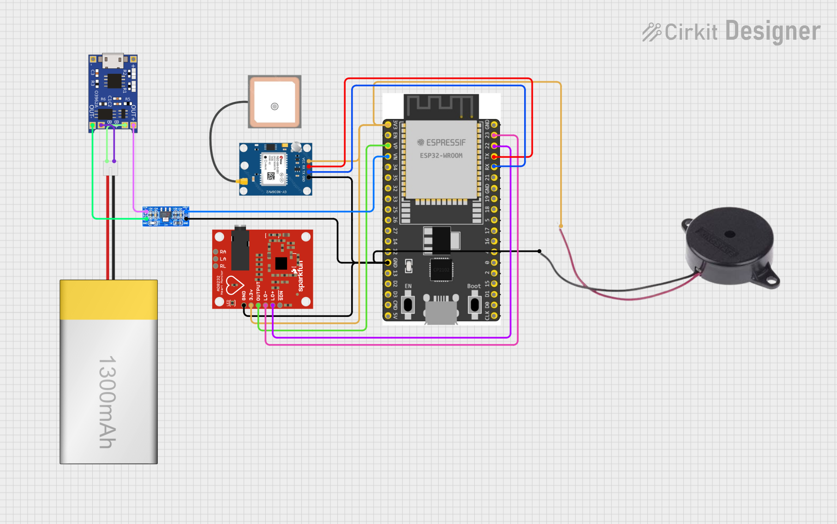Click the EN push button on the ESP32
(x=408, y=305)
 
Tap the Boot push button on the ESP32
(x=474, y=305)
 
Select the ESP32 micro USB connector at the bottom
(x=441, y=311)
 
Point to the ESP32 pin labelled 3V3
(x=388, y=125)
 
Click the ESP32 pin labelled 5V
(x=388, y=316)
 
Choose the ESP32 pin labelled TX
(x=494, y=156)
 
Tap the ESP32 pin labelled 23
(x=494, y=135)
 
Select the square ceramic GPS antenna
(x=275, y=102)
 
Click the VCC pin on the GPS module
(x=309, y=161)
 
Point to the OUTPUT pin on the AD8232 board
(x=258, y=305)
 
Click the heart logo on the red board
(x=234, y=285)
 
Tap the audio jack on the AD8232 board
(x=240, y=249)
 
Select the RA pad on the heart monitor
(x=215, y=252)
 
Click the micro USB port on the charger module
(x=113, y=60)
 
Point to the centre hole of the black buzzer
(x=729, y=234)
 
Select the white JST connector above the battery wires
(x=110, y=168)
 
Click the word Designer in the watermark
(x=772, y=31)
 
